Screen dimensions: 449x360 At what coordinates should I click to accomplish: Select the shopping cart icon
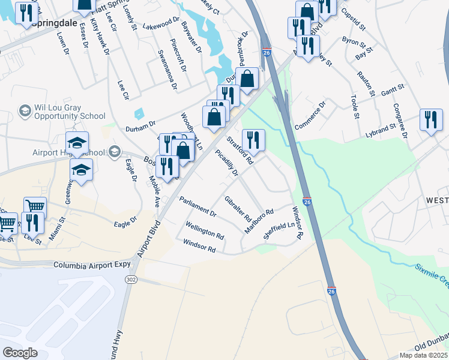pos(35,206)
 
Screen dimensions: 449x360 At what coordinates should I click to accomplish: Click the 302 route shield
pos(130,280)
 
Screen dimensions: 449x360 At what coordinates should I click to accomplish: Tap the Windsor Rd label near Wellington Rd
pos(199,245)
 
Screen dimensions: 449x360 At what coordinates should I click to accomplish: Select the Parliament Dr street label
pos(197,206)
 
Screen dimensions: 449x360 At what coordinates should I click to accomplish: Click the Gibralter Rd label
pos(237,208)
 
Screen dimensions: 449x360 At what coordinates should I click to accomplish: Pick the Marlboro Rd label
pos(259,221)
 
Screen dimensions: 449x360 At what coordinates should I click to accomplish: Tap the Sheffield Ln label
pos(280,230)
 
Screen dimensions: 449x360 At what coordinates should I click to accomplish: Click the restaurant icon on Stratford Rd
pos(253,141)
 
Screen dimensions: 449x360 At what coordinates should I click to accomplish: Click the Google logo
pos(20,352)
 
